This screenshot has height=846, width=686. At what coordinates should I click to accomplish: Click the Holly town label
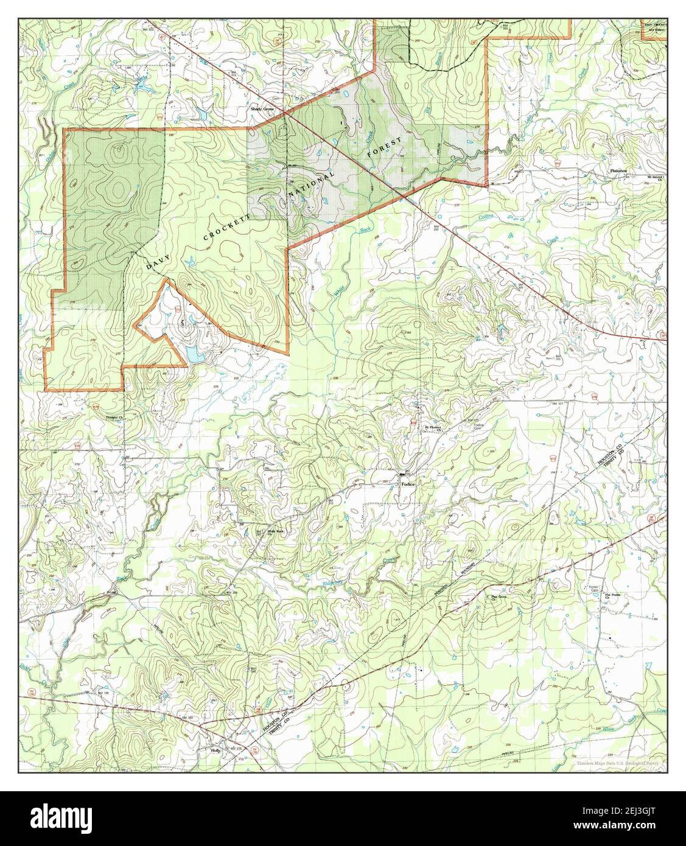pyautogui.click(x=214, y=751)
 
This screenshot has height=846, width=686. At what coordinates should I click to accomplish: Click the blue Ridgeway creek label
pyautogui.click(x=332, y=583)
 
